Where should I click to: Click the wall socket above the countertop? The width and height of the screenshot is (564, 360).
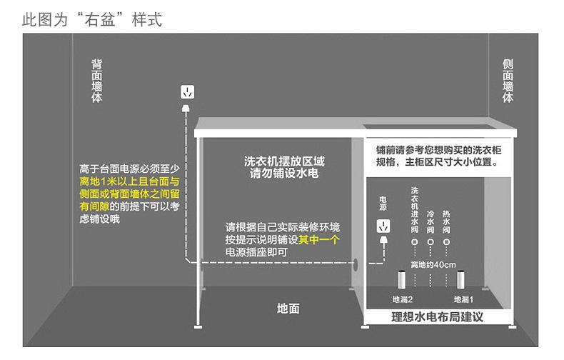[187, 93]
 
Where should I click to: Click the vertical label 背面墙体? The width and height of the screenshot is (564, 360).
[97, 80]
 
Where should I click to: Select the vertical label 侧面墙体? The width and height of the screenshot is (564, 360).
[508, 80]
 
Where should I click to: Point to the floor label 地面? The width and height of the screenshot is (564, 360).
[288, 309]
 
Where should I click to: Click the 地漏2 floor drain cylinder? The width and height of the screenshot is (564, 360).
[401, 279]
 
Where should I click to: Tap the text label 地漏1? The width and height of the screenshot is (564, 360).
[464, 299]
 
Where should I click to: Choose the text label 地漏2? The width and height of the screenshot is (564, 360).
[403, 299]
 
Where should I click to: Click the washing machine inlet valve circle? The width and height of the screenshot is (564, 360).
[415, 242]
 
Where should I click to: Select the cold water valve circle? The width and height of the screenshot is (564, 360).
[430, 242]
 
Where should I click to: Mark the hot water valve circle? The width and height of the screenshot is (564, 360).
[447, 242]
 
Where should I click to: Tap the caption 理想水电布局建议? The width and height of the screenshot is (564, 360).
[437, 316]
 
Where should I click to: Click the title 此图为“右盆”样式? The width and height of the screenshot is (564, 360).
[92, 20]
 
